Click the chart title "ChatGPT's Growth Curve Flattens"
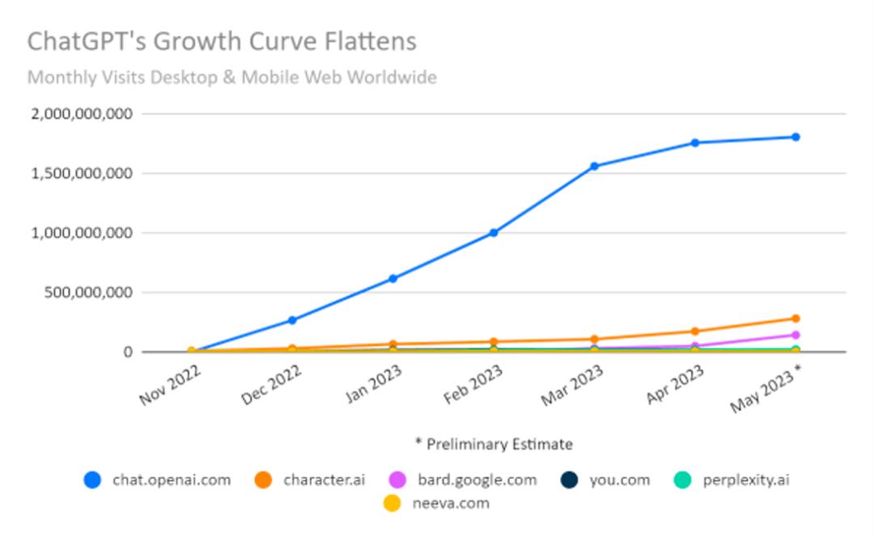pos(222,41)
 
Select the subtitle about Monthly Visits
pos(231,78)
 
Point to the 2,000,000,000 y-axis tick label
pos(81,114)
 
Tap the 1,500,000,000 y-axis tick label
pos(81,173)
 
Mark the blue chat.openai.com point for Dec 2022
pos(292,320)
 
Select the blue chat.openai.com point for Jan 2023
pos(393,278)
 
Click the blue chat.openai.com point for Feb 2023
pos(494,233)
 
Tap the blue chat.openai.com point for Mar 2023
pos(594,167)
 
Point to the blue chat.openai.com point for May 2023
pos(796,137)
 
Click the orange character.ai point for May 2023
pos(796,319)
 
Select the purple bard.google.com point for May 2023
pos(796,335)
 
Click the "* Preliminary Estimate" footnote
pos(494,444)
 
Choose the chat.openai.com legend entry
pos(158,480)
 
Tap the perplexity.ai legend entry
pos(731,480)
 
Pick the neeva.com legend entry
pos(437,503)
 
